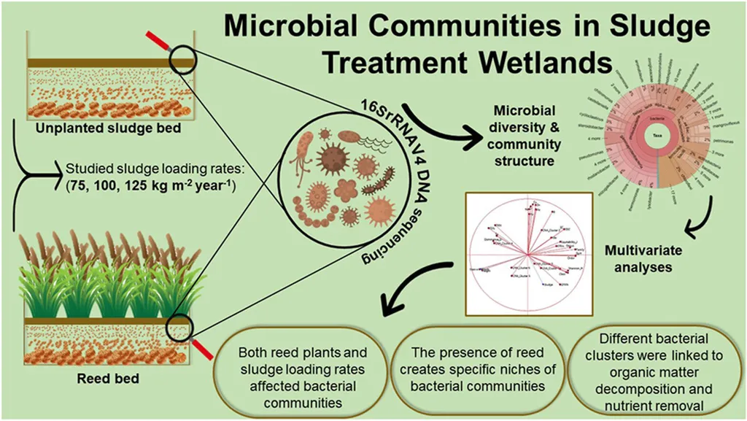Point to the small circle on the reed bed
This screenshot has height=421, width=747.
tap(178, 326)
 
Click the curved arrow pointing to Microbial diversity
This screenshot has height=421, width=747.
tap(435, 123)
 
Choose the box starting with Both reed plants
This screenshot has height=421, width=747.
tap(302, 372)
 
